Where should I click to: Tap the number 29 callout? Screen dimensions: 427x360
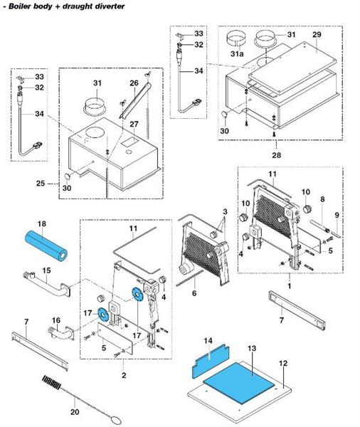317,34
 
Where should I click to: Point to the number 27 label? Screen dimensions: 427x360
132,125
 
